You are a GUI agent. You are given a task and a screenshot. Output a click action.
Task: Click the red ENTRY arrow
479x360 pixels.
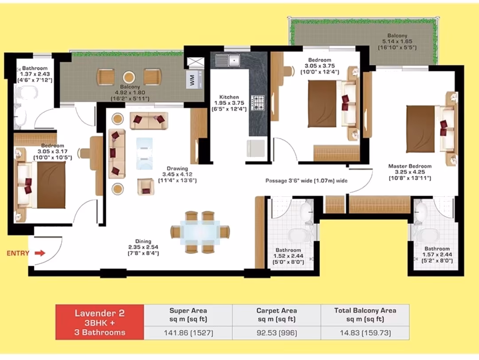pyautogui.click(x=40, y=253)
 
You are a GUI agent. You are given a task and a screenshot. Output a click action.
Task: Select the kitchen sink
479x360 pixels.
pyautogui.click(x=228, y=60)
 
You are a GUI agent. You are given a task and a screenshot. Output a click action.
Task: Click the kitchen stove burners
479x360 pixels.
pyautogui.click(x=258, y=102)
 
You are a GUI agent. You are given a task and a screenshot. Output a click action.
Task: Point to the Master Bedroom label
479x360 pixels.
pyautogui.click(x=410, y=166)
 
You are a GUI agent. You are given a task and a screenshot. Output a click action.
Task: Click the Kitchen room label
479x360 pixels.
pyautogui.click(x=229, y=97)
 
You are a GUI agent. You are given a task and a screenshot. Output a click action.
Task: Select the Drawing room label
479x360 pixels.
pyautogui.click(x=177, y=168)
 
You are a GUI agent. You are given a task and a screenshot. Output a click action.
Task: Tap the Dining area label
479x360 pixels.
pyautogui.click(x=143, y=241)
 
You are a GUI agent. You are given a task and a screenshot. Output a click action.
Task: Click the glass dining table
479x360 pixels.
pyautogui.click(x=200, y=232)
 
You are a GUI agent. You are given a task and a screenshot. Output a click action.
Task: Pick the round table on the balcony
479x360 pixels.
pyautogui.click(x=129, y=77)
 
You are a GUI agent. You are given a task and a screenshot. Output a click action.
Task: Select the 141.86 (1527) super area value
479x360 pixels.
pyautogui.click(x=188, y=333)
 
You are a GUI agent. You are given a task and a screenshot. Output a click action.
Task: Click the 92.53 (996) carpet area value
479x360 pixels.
pyautogui.click(x=277, y=333)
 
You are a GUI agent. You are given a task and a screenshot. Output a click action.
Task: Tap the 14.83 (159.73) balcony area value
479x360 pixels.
pyautogui.click(x=365, y=333)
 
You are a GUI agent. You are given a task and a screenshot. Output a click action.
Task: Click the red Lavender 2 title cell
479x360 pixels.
pyautogui.click(x=100, y=322)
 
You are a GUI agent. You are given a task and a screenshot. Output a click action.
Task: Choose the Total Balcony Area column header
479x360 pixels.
pyautogui.click(x=365, y=315)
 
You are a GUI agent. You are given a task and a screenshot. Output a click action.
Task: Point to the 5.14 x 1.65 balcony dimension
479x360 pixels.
pyautogui.click(x=397, y=41)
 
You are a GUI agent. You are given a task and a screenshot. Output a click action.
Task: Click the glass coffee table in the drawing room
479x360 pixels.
pyautogui.click(x=144, y=153)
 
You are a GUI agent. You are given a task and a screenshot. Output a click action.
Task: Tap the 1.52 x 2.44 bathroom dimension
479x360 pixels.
pyautogui.click(x=288, y=256)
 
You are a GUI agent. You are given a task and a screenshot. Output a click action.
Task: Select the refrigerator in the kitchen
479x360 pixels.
pyautogui.click(x=256, y=149)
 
